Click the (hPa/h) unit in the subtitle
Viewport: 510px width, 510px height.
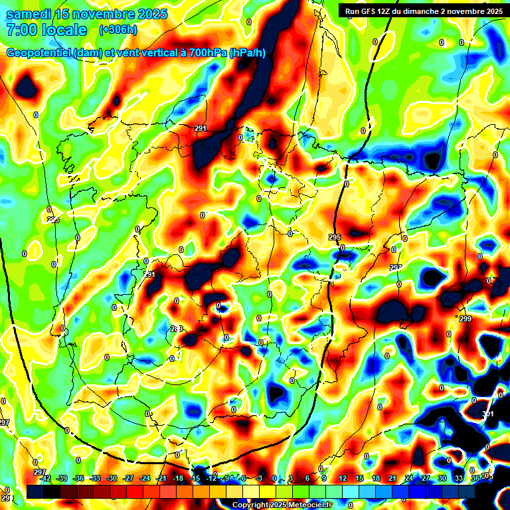[248, 53]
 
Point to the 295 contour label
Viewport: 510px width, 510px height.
[335, 237]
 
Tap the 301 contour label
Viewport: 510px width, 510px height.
[488, 414]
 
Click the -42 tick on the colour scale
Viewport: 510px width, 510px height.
[45, 478]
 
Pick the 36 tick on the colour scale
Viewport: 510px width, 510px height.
[475, 478]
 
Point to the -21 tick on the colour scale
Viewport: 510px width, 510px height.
[161, 478]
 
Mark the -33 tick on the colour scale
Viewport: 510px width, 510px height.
[95, 478]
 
